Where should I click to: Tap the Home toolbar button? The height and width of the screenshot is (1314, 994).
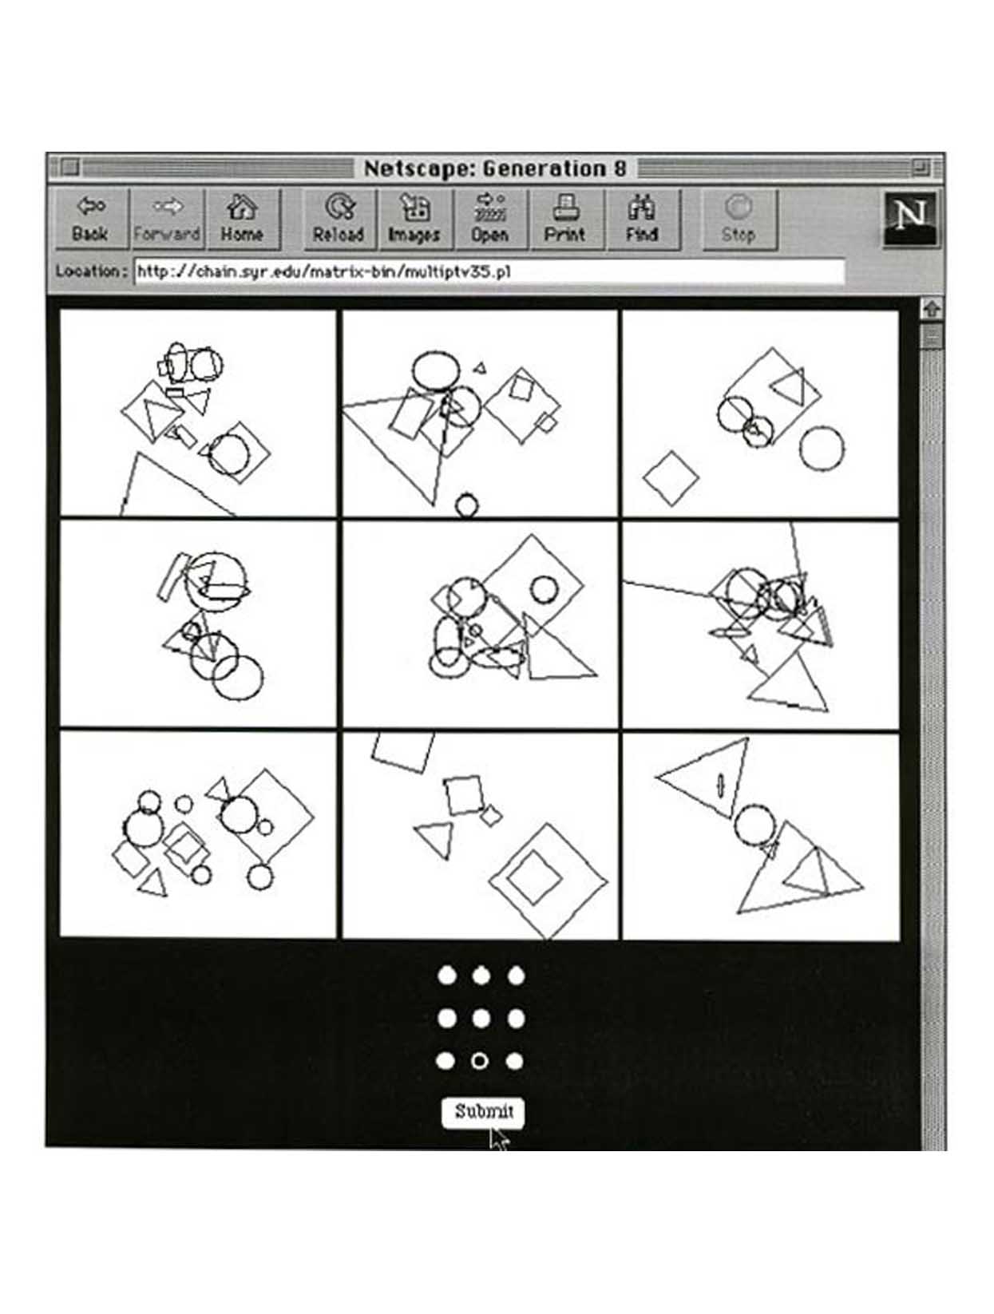243,219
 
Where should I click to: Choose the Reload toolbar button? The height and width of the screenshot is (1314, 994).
339,219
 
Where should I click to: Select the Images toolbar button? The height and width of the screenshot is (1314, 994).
415,219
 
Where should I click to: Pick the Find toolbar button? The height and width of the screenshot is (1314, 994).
643,219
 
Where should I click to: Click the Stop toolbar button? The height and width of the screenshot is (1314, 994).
739,219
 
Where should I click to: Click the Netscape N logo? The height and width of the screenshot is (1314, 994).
909,219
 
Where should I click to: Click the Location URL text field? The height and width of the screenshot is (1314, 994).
489,271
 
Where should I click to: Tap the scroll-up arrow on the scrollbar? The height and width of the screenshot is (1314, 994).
931,310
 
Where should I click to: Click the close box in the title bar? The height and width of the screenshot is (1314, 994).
70,166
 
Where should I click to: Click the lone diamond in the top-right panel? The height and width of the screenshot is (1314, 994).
670,478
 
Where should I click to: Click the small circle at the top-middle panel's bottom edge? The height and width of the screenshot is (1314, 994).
466,504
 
